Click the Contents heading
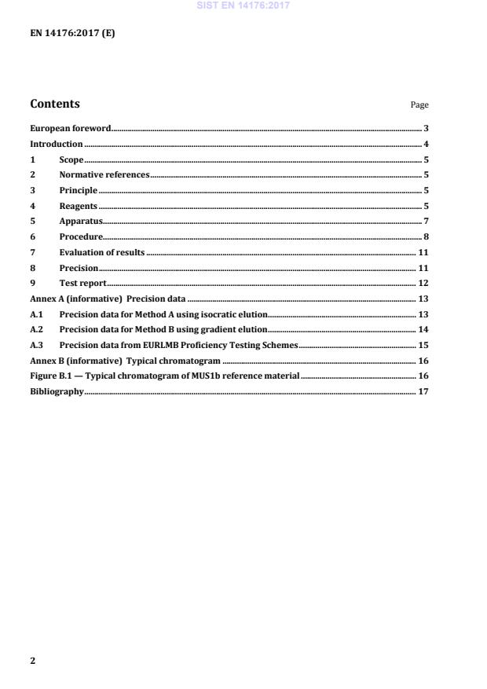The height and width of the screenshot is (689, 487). (55, 104)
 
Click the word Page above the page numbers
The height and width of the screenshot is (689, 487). (419, 105)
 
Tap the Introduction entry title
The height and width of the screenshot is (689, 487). (56, 144)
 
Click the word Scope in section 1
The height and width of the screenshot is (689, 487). (71, 159)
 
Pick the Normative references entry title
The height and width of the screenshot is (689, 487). (104, 174)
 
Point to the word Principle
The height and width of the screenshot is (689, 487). (79, 190)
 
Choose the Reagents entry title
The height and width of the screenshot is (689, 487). (78, 206)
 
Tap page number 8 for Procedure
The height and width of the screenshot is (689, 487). (425, 236)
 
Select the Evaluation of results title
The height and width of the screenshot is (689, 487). (101, 252)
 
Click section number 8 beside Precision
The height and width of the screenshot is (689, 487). (32, 268)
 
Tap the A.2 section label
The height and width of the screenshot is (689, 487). (35, 329)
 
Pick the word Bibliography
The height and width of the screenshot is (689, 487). (56, 391)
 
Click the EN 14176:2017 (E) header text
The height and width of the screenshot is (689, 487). (72, 35)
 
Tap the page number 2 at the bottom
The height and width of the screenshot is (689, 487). (32, 661)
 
